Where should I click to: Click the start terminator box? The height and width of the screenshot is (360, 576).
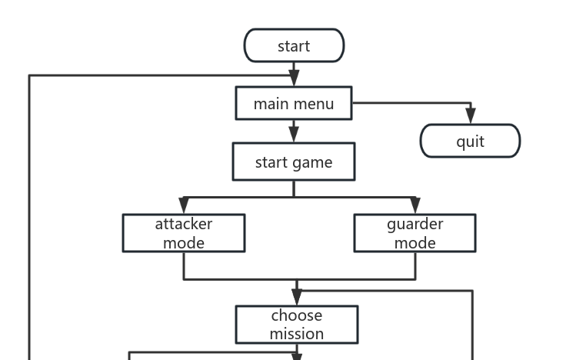[x=294, y=45]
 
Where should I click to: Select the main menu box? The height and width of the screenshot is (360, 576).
[x=294, y=103]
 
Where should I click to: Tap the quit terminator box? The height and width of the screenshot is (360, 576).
[x=470, y=141]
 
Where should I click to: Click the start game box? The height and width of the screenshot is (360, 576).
[x=294, y=162]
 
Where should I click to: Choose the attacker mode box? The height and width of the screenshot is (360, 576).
[x=184, y=233]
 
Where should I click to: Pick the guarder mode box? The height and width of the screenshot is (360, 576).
[x=415, y=233]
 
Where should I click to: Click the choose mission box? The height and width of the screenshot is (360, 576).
[x=297, y=325]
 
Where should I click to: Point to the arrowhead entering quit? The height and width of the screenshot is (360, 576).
[x=471, y=116]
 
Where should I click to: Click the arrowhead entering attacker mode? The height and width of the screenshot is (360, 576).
[x=184, y=205]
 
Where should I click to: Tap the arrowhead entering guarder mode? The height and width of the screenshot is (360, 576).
[x=415, y=205]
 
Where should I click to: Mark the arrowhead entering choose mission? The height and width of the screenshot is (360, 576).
[x=297, y=297]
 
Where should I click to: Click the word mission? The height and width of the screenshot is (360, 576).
[x=297, y=334]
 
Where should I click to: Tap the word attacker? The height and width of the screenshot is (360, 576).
[x=184, y=224]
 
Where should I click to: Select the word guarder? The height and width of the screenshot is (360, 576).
[x=415, y=224]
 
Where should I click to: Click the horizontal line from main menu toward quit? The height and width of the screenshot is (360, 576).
[x=408, y=103]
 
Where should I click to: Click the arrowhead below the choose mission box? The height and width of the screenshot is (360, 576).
[x=297, y=357]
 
